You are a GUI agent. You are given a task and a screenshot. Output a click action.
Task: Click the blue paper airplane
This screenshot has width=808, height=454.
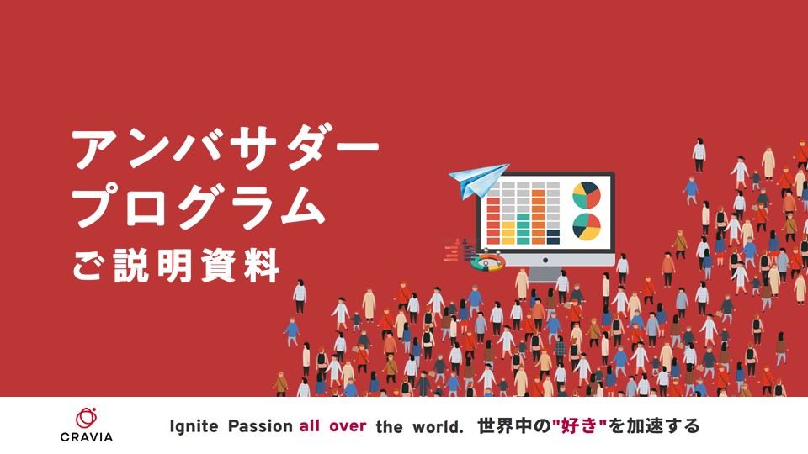tap(476, 180)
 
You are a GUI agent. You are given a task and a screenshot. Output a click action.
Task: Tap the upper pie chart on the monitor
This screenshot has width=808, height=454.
tap(587, 196)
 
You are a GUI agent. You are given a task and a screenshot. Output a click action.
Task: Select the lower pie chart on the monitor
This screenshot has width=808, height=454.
tap(587, 227)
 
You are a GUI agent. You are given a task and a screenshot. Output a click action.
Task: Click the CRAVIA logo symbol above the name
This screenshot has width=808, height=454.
tap(86, 418)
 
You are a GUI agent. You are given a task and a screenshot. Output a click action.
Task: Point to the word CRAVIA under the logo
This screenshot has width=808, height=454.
tap(86, 437)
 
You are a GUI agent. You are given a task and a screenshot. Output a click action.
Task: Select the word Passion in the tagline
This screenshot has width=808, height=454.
tap(260, 426)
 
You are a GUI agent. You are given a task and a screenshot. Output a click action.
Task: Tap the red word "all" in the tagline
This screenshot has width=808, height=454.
tap(309, 425)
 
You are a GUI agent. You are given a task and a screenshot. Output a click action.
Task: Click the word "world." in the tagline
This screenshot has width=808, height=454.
tap(438, 427)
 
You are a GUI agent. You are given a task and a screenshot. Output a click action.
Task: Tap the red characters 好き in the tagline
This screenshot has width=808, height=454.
tap(579, 426)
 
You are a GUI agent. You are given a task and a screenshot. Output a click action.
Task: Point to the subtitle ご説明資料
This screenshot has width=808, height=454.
tap(176, 265)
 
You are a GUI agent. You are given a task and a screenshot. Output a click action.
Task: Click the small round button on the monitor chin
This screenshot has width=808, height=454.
tap(545, 260)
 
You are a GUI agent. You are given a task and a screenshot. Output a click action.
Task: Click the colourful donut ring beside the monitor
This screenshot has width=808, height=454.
tap(487, 262)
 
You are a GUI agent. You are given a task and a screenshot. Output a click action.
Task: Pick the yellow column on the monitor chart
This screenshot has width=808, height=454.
tap(508, 233)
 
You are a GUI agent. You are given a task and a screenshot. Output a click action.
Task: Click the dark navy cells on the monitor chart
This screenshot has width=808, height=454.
tap(553, 237)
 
